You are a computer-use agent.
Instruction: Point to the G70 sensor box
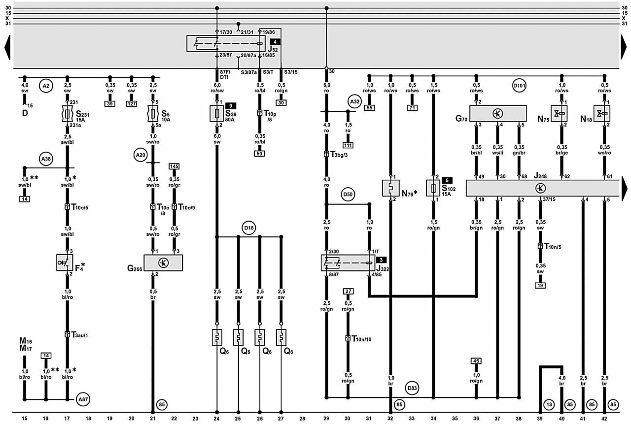click(497, 113)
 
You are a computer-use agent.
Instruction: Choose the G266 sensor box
click(163, 262)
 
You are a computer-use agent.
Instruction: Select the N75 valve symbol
click(561, 113)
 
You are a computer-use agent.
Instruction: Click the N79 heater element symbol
click(390, 188)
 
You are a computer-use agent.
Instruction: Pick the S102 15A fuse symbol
click(434, 188)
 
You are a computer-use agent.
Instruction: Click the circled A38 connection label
click(46, 159)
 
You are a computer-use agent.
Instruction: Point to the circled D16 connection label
click(249, 228)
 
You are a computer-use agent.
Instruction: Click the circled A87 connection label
click(83, 400)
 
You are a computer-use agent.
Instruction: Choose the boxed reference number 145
click(174, 166)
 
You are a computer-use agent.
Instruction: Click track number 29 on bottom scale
click(326, 418)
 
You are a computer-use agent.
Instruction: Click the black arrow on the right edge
click(626, 188)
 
